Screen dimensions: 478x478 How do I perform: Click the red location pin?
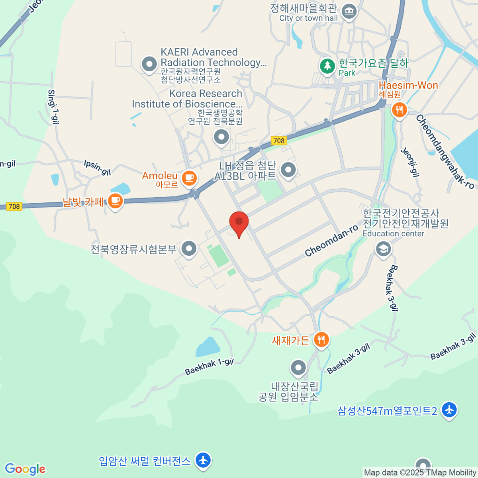[x=239, y=222]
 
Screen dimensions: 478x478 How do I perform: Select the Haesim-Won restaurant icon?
[x=399, y=110]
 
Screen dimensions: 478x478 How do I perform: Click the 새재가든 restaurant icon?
[x=321, y=340]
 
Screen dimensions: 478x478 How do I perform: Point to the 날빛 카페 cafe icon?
[x=115, y=201]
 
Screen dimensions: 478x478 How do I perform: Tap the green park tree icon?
[x=327, y=66]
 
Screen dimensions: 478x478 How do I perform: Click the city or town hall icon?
[x=349, y=11]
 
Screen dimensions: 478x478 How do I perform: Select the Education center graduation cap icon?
[x=383, y=249]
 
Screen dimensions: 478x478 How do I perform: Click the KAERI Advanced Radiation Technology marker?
[x=149, y=64]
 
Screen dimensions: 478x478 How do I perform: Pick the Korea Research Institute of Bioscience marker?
[x=221, y=137]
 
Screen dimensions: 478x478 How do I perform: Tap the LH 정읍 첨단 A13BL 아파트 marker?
[x=288, y=170]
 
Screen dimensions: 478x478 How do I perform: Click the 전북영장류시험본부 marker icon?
[x=189, y=249]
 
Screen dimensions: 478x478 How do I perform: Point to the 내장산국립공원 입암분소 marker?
[x=298, y=368]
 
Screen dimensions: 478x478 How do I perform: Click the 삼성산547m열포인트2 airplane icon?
[x=449, y=410]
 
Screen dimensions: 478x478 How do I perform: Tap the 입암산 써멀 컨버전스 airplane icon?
[x=204, y=461]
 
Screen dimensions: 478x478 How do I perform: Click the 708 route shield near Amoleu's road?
[x=279, y=141]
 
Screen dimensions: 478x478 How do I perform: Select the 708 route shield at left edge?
[x=14, y=206]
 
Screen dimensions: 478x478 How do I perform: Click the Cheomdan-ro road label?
[x=331, y=241]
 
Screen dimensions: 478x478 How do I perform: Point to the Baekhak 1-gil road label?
[x=209, y=366]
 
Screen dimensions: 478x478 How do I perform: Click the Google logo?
[x=25, y=469]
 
